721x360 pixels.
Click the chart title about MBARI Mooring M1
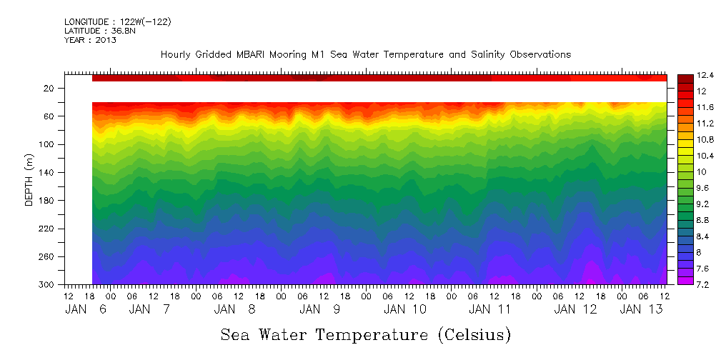click(365, 54)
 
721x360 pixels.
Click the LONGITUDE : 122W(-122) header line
click(117, 22)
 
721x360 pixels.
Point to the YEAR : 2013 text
click(90, 40)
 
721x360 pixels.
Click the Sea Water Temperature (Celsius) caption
click(365, 334)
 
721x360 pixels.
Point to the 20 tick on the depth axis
click(50, 88)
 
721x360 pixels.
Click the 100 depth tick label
click(48, 144)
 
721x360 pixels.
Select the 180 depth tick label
click(48, 201)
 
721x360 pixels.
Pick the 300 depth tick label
click(48, 285)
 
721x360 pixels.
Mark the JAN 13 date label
click(641, 309)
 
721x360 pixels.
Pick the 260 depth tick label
click(48, 256)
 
